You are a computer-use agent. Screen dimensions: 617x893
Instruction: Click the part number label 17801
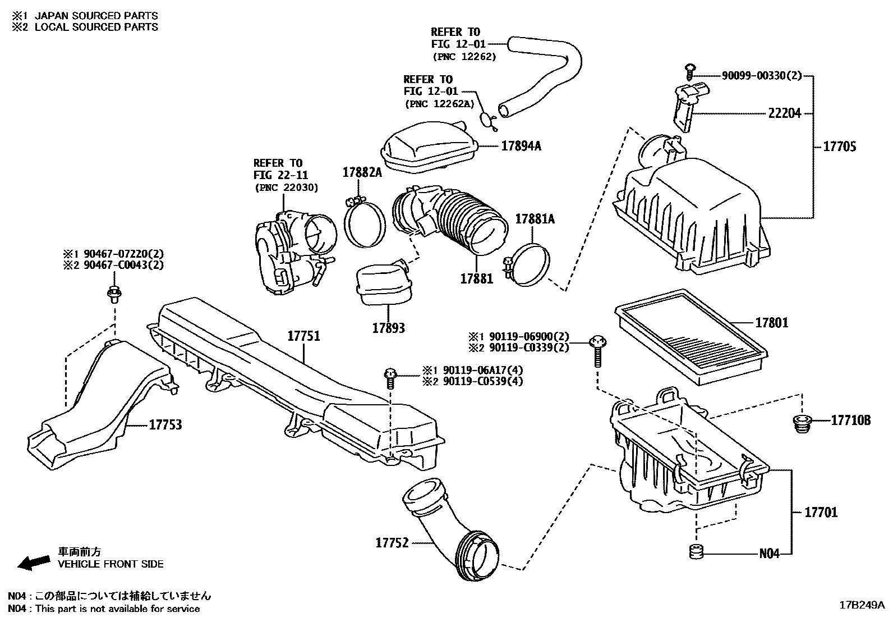coord(771,323)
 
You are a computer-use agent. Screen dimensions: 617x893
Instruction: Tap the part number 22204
coord(784,113)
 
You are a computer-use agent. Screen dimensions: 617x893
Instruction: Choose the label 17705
coord(839,147)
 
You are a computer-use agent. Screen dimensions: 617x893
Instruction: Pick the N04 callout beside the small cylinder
coord(770,554)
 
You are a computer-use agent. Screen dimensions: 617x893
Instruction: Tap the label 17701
coord(821,512)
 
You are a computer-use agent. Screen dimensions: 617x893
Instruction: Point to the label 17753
coord(165,425)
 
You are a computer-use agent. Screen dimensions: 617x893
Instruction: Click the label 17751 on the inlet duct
coord(303,336)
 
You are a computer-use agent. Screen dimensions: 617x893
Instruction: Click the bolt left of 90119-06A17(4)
coord(390,377)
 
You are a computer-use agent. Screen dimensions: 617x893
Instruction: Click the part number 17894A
coord(521,146)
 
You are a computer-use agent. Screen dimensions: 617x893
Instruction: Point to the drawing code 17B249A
coord(862,605)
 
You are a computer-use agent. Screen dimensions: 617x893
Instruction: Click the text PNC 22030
coord(286,187)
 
